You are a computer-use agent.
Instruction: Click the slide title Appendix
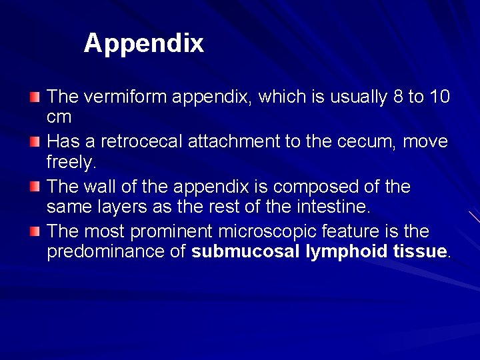point(143,44)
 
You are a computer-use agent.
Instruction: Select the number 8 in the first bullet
point(397,97)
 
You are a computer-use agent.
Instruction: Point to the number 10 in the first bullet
point(439,97)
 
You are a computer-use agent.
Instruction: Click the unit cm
point(59,117)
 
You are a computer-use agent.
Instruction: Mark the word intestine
point(331,207)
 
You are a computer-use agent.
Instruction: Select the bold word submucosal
point(243,252)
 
